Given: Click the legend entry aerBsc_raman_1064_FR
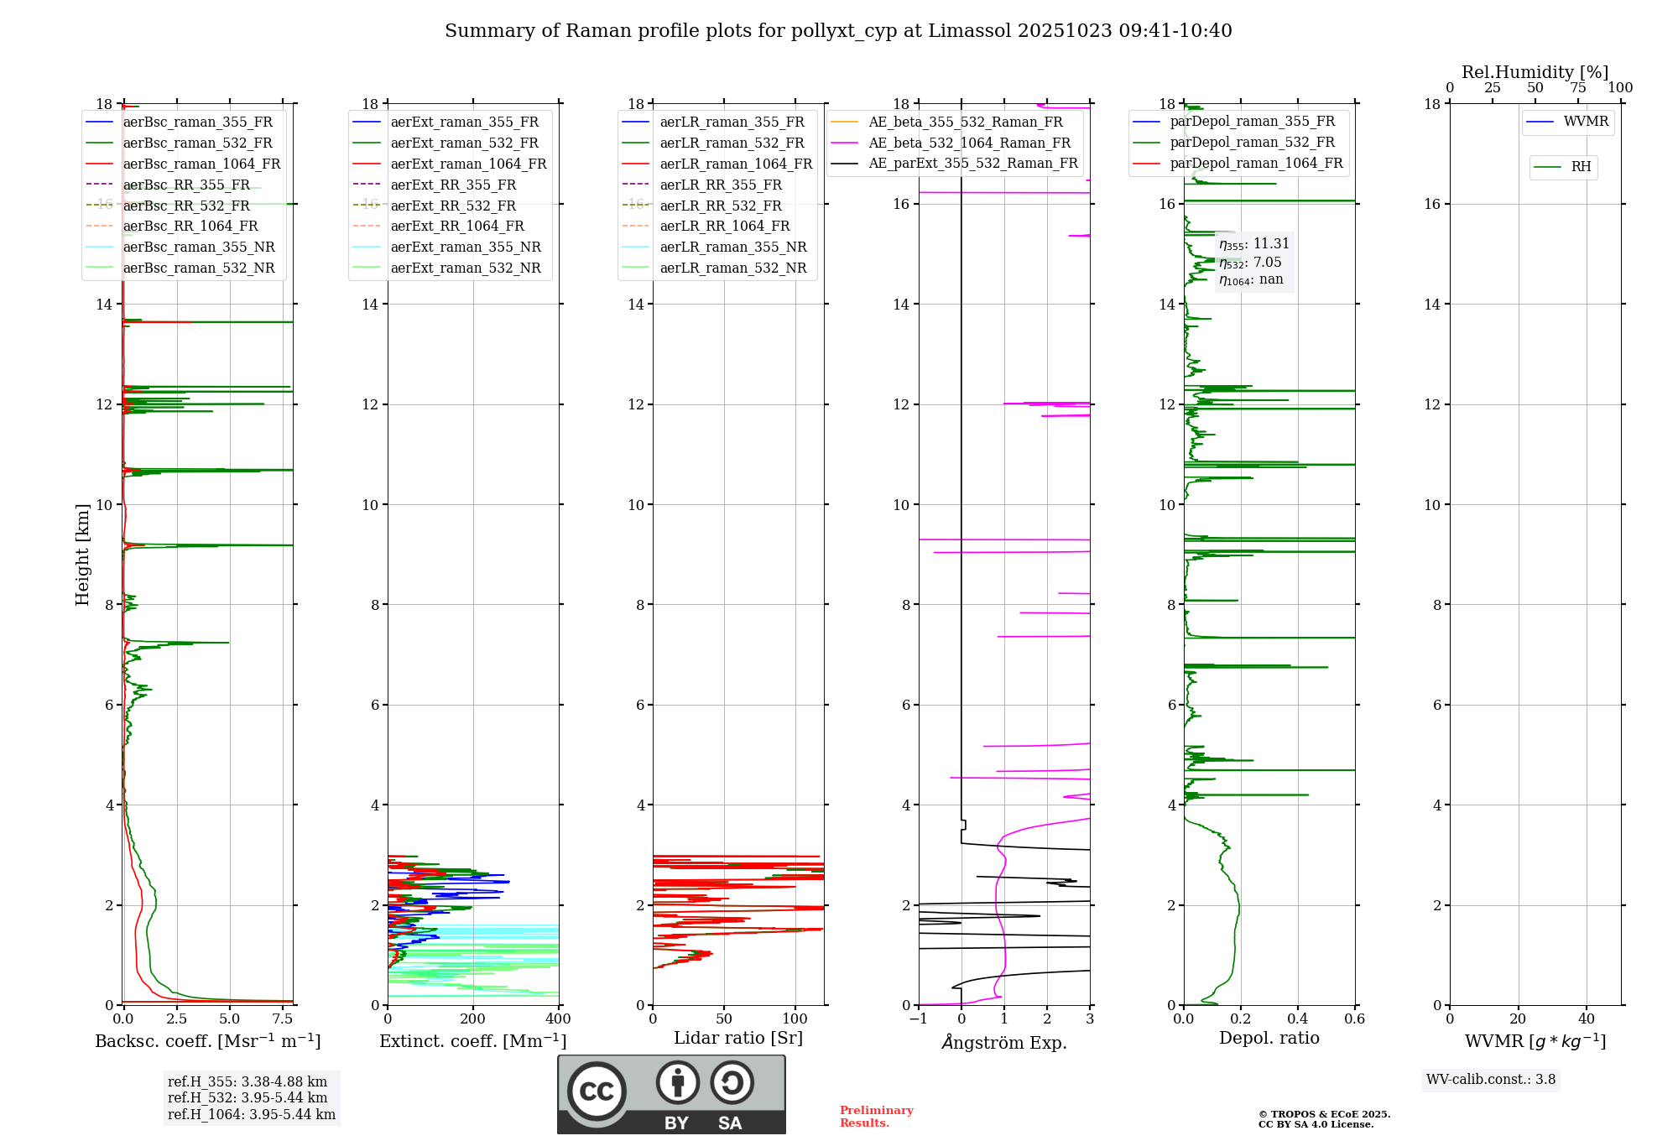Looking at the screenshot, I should point(201,164).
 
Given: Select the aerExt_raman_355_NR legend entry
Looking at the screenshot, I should point(466,247).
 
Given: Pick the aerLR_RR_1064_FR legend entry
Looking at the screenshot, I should point(725,227).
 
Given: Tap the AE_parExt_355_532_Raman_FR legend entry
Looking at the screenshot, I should point(973,164).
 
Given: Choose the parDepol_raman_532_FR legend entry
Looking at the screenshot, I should point(1252,143).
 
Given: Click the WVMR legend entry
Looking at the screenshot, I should point(1586,122).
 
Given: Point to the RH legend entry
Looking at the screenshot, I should point(1581,167).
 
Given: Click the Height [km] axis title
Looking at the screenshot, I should point(82,554).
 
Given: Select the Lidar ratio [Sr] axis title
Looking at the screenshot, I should point(738,1038).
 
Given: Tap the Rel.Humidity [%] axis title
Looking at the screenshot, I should point(1535,72).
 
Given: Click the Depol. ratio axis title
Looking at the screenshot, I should point(1269,1038).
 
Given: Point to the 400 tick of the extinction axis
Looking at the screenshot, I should point(558,1019).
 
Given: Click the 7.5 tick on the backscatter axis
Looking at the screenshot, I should point(283,1019).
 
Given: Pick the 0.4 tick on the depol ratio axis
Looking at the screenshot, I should point(1298,1019).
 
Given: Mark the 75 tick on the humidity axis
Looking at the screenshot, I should point(1578,88).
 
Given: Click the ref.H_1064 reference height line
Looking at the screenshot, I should point(252,1115).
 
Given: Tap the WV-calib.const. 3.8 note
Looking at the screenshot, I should point(1491,1080).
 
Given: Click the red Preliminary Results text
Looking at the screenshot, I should point(876,1117).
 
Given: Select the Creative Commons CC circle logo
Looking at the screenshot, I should point(597,1091).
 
